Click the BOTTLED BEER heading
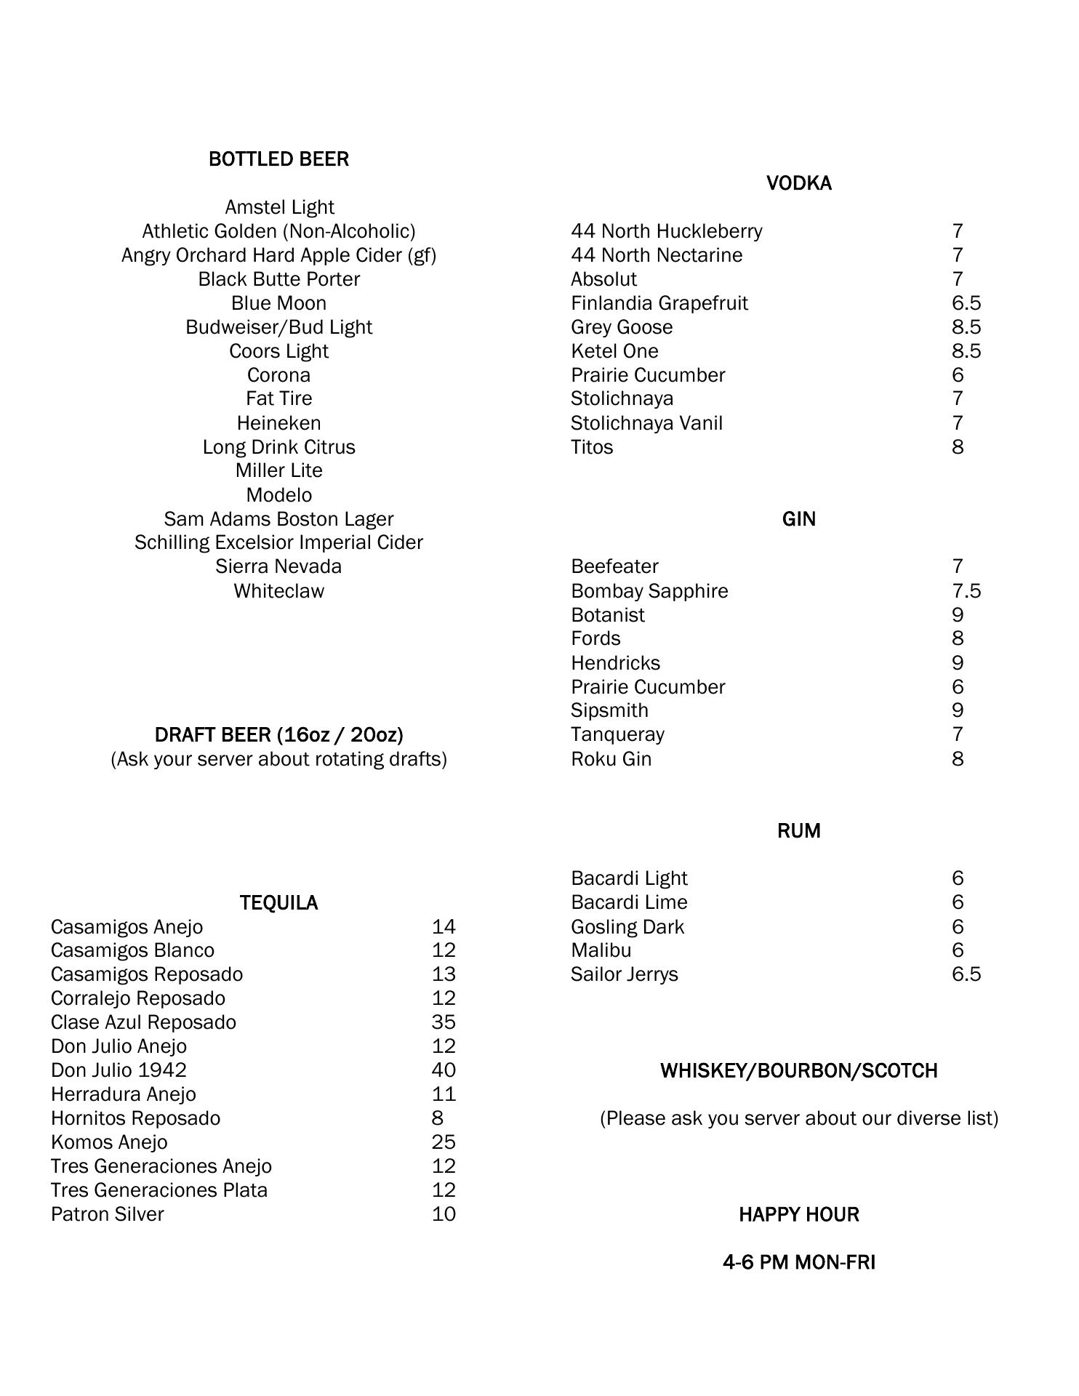[278, 159]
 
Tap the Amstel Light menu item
[279, 207]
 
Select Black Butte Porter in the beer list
[279, 279]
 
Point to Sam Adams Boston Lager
[278, 519]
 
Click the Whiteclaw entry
[279, 591]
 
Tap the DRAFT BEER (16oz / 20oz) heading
[278, 735]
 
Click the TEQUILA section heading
[278, 903]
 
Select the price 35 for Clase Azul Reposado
[444, 1022]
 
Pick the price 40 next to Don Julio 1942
[444, 1070]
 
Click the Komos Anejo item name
[109, 1142]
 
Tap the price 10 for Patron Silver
[444, 1214]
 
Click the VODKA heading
[798, 183]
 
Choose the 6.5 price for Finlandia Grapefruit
[966, 303]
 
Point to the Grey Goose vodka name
[622, 327]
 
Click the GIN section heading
[798, 519]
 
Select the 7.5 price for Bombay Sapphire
[966, 591]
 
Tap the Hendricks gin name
[615, 663]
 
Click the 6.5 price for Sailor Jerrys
[966, 974]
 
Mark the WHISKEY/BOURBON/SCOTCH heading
[798, 1071]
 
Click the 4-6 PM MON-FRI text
[798, 1262]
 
